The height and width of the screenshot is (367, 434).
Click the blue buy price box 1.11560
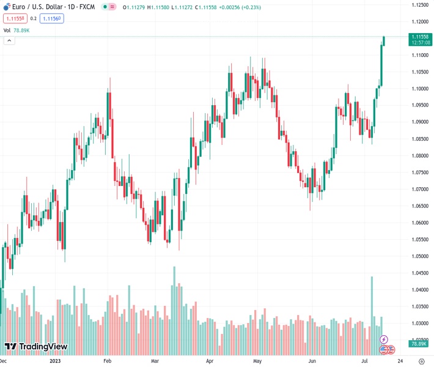[x=51, y=18]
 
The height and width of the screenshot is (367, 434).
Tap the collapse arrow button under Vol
[x=9, y=40]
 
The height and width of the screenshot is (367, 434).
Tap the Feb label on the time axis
[x=107, y=361]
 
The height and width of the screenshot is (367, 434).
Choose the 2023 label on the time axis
[x=55, y=361]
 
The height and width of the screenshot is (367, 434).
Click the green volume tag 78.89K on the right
[x=419, y=344]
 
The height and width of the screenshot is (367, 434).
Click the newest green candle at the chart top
[x=384, y=41]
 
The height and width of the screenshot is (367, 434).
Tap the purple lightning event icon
[x=384, y=339]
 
